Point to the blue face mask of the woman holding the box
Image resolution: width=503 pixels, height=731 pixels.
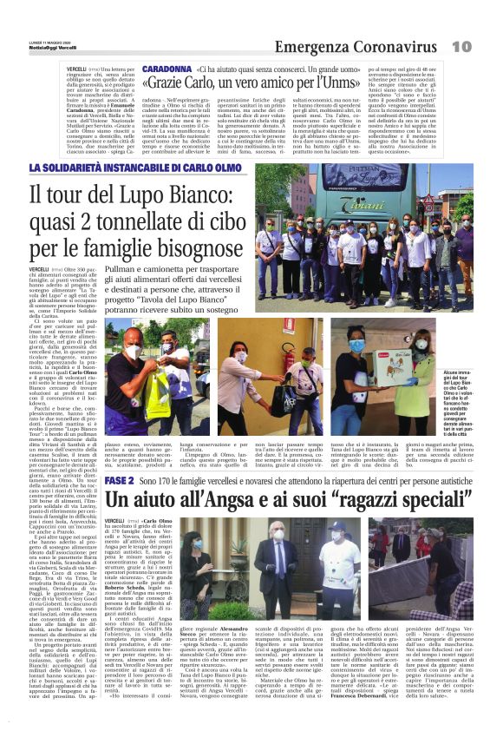pos(357,346)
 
